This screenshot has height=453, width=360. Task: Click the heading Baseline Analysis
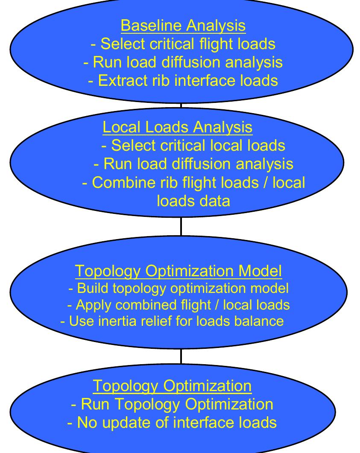coord(183,26)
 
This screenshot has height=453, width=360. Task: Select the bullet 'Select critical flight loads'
coord(183,44)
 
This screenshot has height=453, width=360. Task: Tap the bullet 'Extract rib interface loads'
coord(183,80)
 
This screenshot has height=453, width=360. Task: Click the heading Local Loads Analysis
coord(177,127)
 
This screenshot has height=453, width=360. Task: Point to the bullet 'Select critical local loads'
coord(193,145)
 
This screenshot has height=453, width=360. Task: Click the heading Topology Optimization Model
coord(178,270)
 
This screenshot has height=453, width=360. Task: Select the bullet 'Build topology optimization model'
coord(179,288)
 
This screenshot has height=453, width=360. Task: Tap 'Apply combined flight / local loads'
coord(179,304)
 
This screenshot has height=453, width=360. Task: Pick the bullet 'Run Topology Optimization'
coord(172,404)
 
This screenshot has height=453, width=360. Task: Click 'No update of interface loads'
coord(172,422)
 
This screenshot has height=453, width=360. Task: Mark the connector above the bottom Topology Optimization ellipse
coord(181,357)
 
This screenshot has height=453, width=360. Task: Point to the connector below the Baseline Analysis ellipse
coord(181,104)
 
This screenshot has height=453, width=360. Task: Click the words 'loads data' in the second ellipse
coord(193,200)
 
